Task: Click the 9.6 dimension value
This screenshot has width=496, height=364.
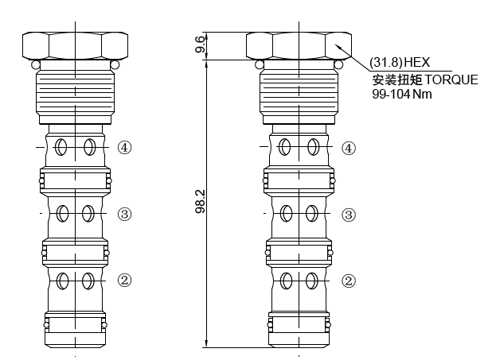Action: tap(201, 46)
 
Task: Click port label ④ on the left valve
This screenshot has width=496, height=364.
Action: tap(125, 147)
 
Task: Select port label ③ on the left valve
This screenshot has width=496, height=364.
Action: tap(125, 214)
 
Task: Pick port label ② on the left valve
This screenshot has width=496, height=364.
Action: tap(125, 280)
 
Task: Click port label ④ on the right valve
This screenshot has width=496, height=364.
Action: tap(348, 147)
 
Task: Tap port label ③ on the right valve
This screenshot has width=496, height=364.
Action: tap(348, 214)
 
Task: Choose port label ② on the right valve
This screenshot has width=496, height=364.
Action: tap(348, 280)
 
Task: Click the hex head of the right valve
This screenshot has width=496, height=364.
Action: tap(299, 45)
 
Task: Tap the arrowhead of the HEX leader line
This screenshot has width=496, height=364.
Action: tap(339, 48)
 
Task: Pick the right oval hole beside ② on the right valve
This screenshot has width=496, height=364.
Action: tap(313, 280)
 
